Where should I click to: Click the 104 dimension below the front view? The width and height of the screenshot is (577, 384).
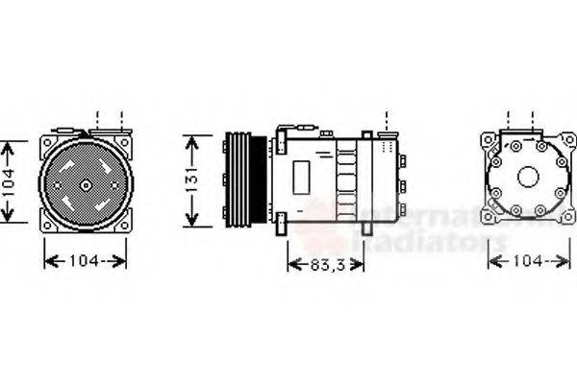click(x=86, y=260)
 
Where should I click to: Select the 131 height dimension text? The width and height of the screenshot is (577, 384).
click(x=192, y=180)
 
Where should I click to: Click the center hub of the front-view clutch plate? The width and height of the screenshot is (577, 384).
click(x=86, y=184)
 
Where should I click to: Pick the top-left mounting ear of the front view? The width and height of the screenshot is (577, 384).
click(x=46, y=143)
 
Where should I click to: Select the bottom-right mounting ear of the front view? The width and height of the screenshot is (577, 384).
click(x=125, y=225)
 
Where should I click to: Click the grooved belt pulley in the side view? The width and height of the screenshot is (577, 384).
click(x=237, y=180)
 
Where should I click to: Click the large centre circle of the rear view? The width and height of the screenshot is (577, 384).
click(x=528, y=177)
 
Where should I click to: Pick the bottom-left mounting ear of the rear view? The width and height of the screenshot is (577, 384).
click(x=489, y=221)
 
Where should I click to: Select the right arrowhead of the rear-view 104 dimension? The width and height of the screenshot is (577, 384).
click(x=567, y=260)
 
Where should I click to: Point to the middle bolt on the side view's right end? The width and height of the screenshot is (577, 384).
click(x=401, y=182)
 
